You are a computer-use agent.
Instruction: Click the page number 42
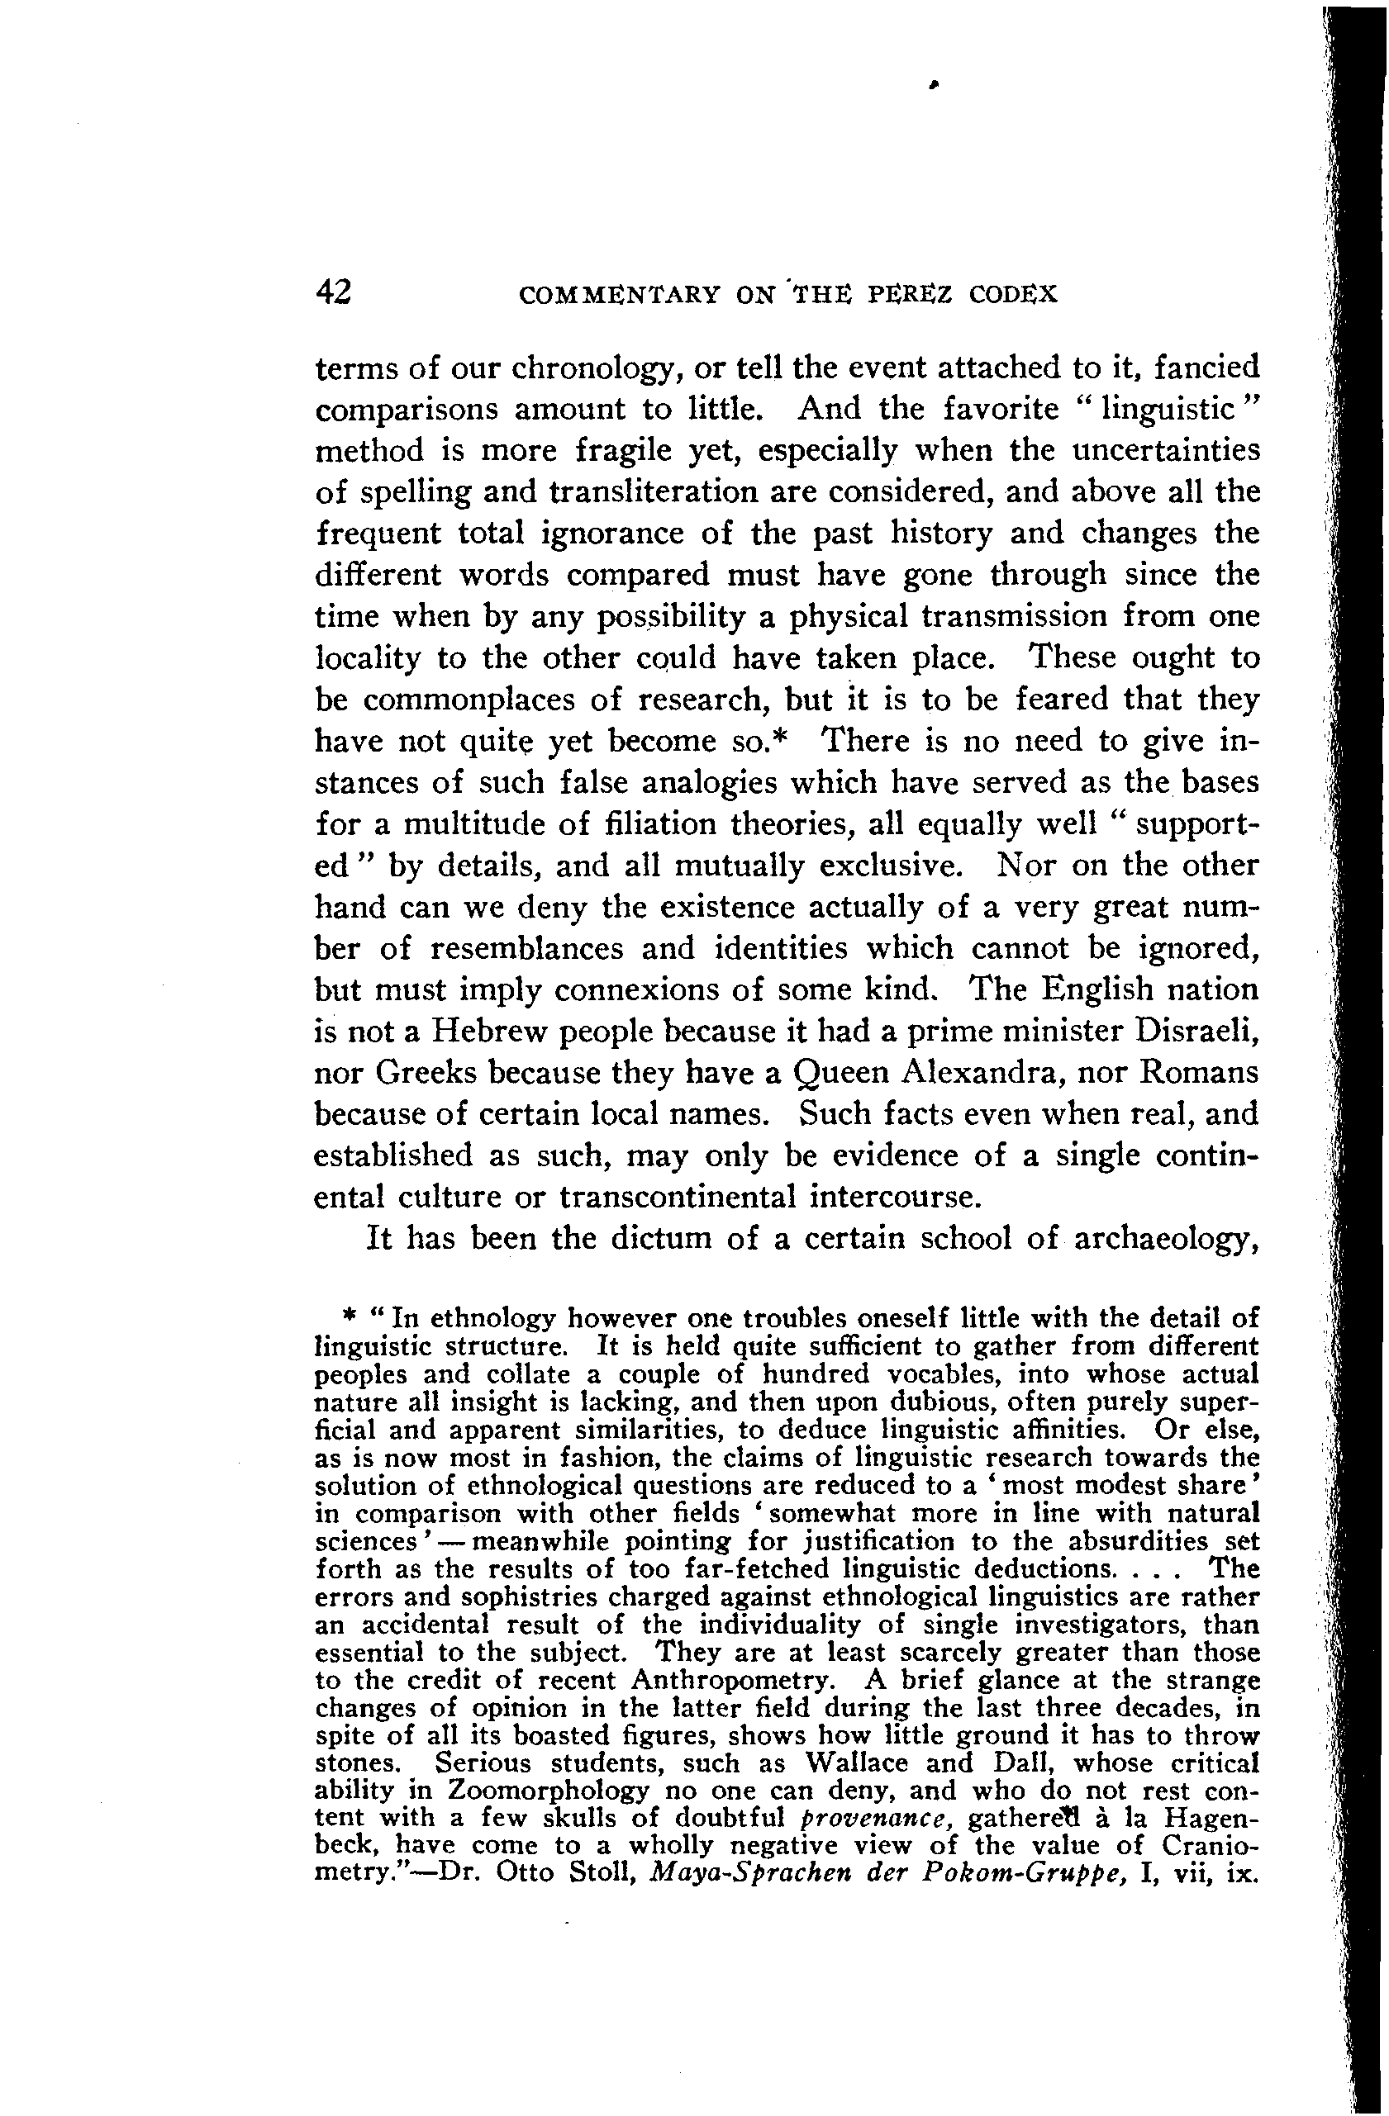[x=334, y=292]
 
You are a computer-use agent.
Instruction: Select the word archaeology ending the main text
[x=1166, y=1240]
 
